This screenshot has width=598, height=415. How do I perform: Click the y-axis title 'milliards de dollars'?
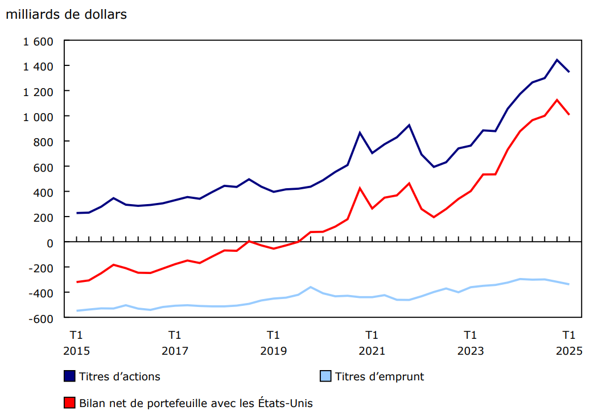pos(66,15)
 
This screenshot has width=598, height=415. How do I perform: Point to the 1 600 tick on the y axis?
pos(38,42)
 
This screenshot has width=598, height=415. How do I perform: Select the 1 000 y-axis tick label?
pos(38,117)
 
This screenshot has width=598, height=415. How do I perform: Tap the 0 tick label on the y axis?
pos(50,243)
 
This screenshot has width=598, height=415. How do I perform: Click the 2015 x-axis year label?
pos(76,351)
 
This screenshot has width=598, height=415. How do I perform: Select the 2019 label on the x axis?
pos(273,351)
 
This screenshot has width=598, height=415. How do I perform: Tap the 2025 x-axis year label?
pos(569,351)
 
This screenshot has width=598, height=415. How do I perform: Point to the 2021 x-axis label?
pos(372,351)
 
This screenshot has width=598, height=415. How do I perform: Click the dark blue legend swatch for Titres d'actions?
pos(69,376)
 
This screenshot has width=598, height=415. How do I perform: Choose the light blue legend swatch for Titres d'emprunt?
pos(325,376)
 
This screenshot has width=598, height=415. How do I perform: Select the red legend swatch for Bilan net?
pos(69,404)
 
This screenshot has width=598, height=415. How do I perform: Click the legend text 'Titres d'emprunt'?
pos(380,376)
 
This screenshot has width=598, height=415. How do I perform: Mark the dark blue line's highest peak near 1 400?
pos(557,60)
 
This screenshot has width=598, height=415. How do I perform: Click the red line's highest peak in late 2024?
pos(557,100)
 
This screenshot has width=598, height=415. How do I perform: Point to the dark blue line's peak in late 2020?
pos(360,132)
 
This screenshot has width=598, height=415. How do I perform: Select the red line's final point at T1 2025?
pos(569,115)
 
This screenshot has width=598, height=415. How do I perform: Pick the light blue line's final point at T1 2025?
pos(569,284)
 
